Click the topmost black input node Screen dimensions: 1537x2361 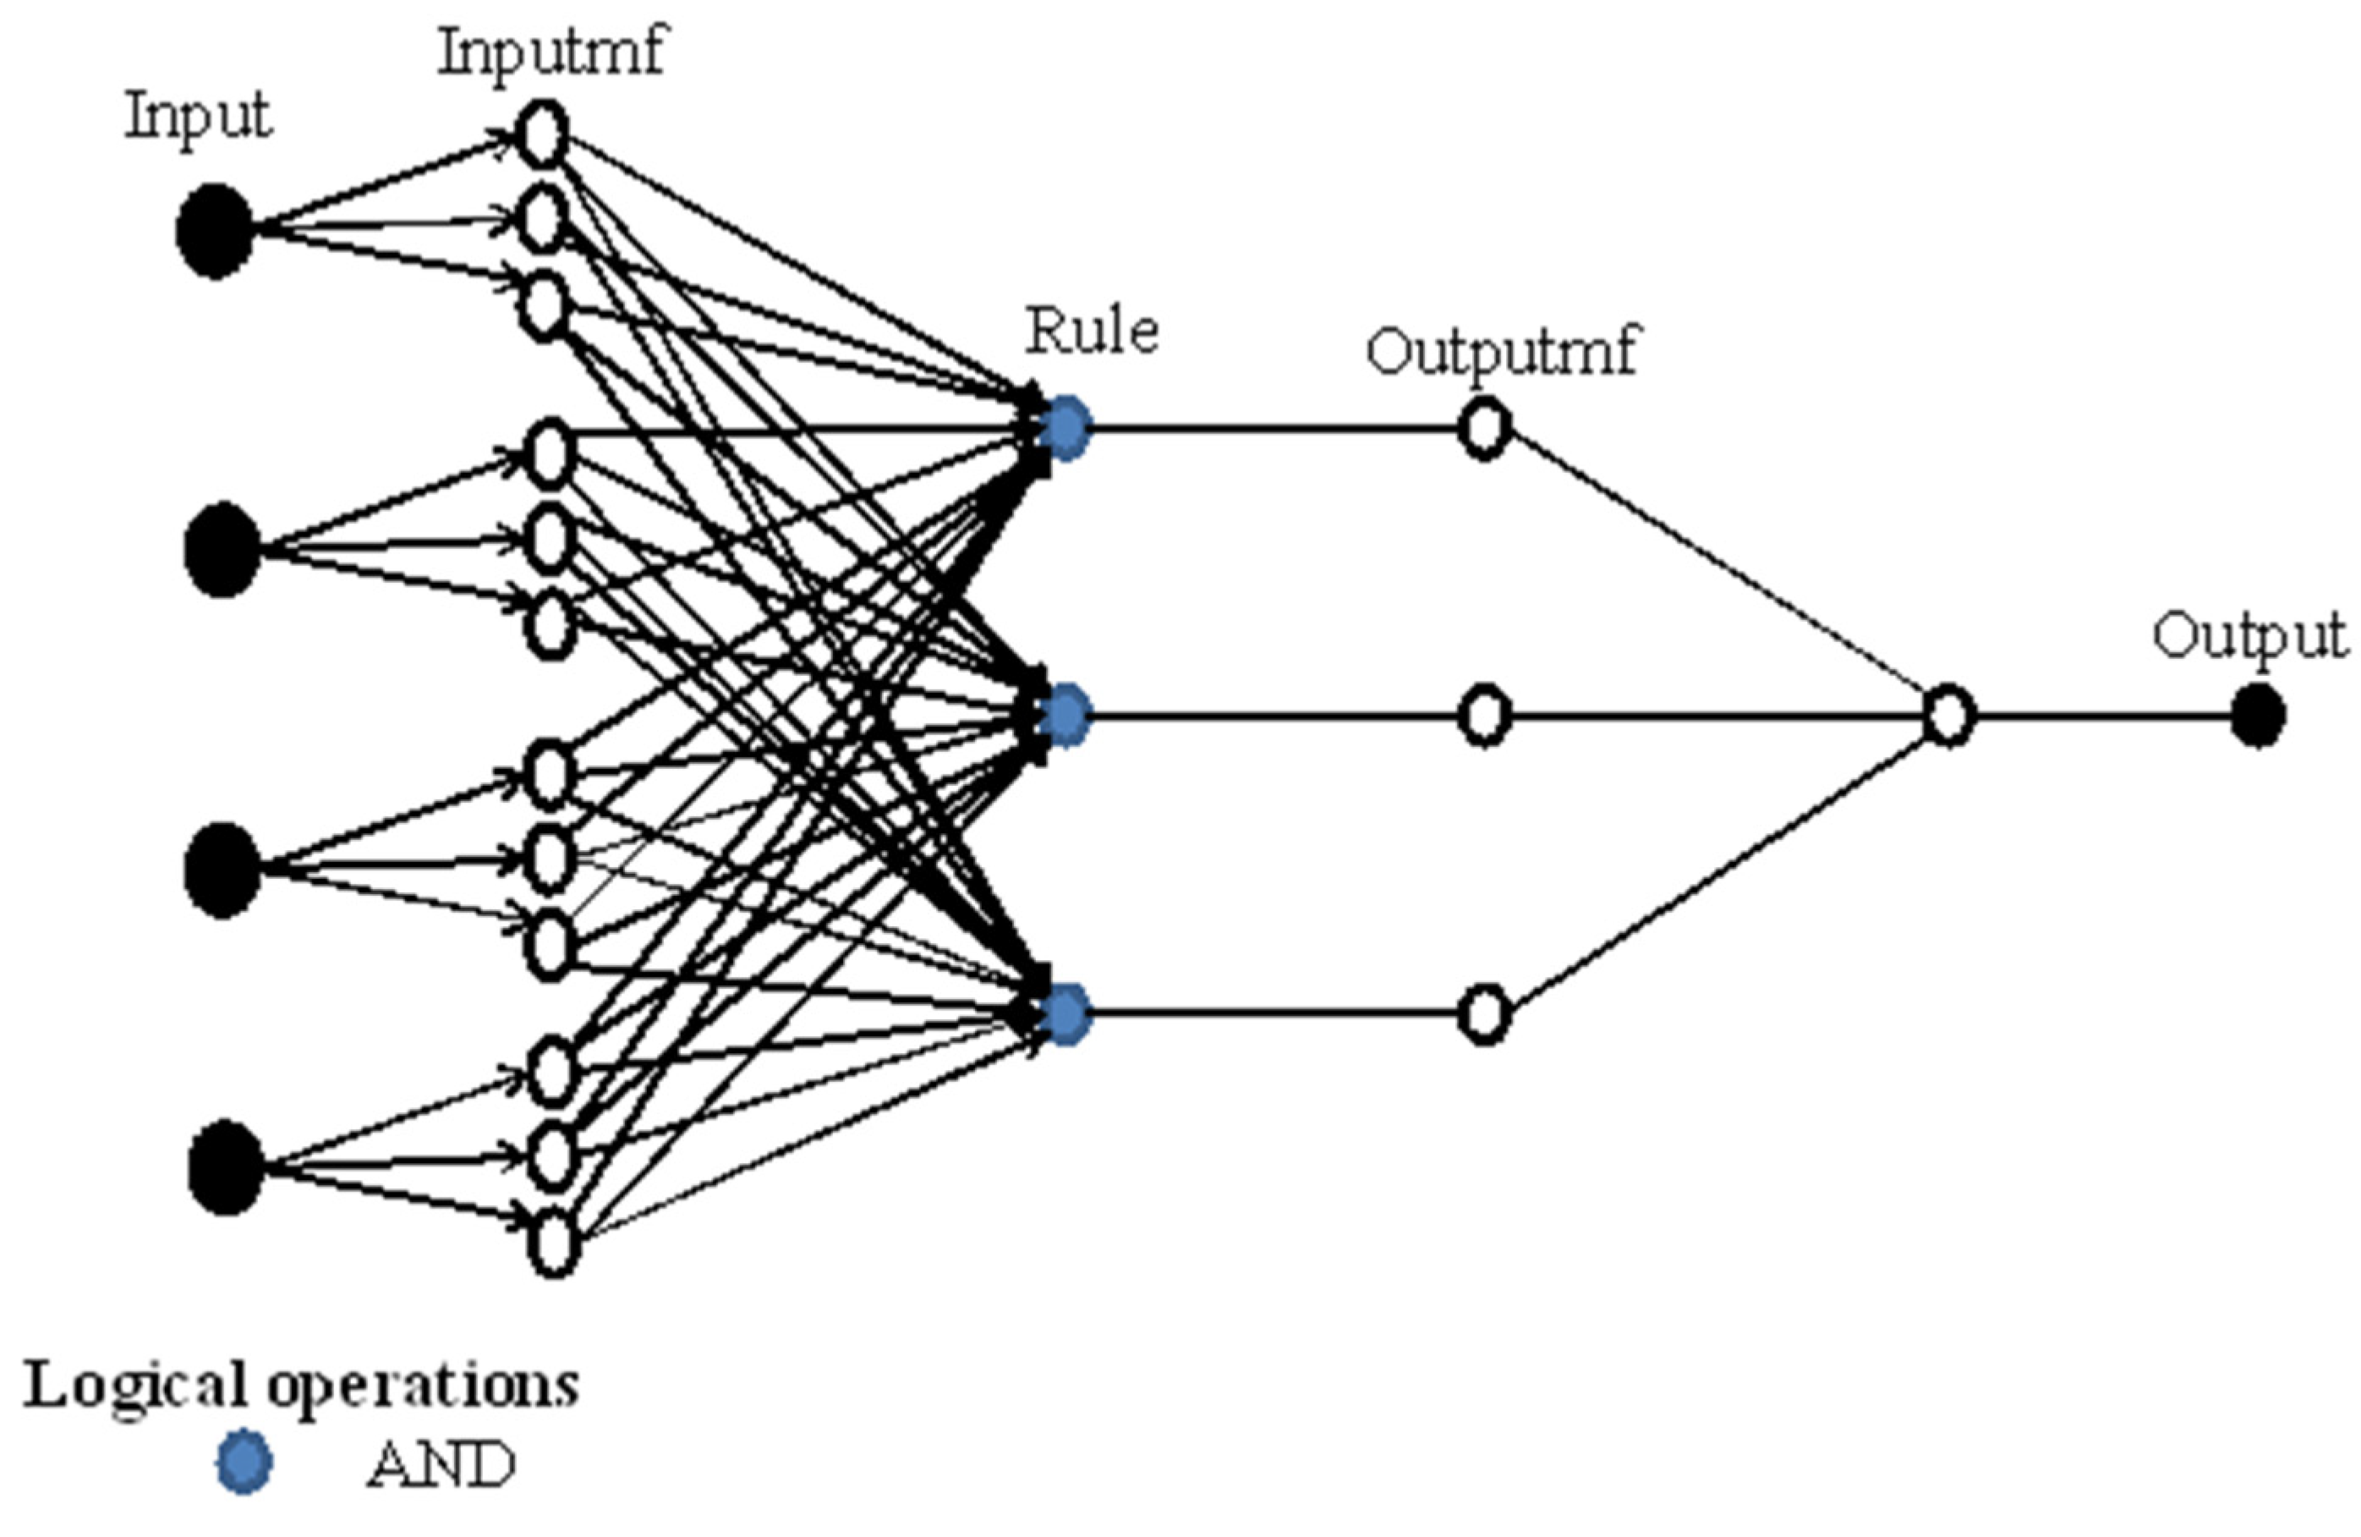[x=214, y=231]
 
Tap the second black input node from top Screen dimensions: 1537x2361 [x=222, y=550]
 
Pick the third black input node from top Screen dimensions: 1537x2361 [x=222, y=870]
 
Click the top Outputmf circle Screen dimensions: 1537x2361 [x=1484, y=429]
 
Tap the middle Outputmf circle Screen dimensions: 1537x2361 [x=1484, y=716]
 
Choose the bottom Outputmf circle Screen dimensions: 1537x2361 [x=1484, y=1014]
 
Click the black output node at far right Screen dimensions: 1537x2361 [x=2258, y=716]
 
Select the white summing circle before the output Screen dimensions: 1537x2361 [x=1948, y=716]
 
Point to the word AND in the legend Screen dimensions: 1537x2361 [x=441, y=1464]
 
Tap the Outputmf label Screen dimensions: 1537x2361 [x=1502, y=352]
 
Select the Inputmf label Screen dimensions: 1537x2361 [x=551, y=52]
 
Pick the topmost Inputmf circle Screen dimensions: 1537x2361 [x=543, y=133]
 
